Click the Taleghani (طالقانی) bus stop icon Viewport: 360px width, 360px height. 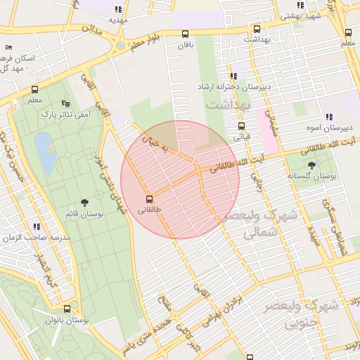coord(149,199)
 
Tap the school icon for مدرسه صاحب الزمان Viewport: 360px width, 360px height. coord(37,226)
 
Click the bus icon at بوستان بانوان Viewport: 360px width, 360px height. coord(67,309)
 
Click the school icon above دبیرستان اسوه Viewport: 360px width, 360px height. coord(328,117)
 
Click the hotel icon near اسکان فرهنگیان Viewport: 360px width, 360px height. coord(8,47)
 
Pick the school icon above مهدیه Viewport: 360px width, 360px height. coord(117,9)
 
